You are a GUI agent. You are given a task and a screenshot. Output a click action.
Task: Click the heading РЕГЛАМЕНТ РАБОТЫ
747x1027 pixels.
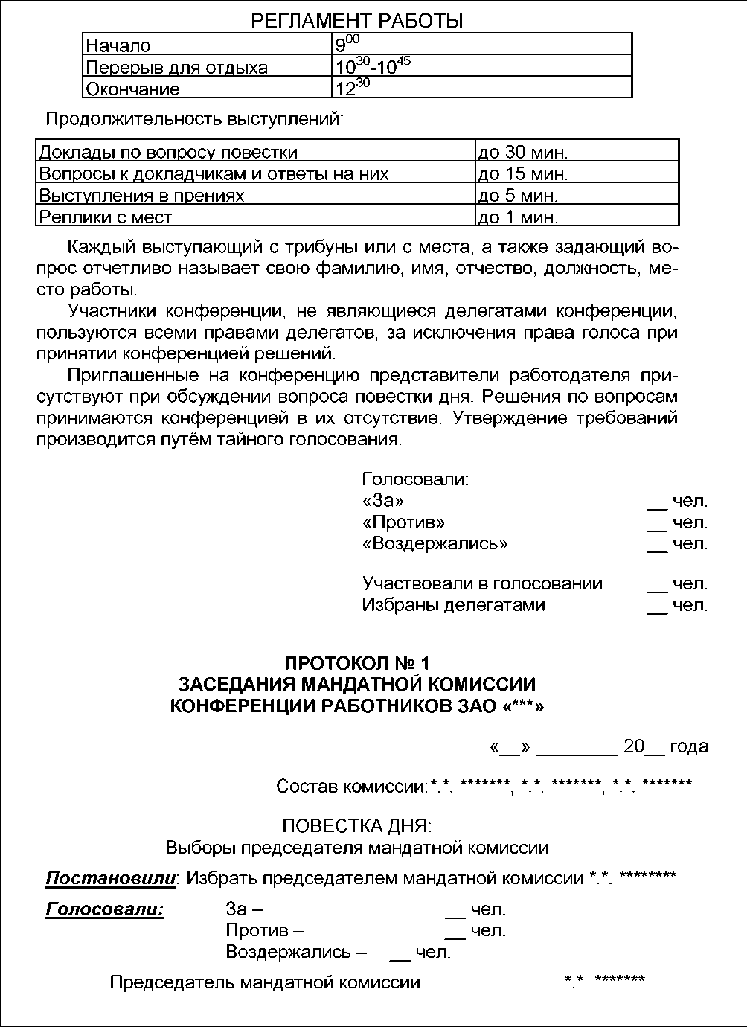point(357,21)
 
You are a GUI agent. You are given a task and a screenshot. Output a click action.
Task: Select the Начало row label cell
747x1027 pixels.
point(208,45)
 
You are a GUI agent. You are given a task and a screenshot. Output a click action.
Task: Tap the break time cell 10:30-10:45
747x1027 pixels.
point(482,67)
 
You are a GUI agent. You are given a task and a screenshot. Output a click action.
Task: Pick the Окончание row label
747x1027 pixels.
point(208,89)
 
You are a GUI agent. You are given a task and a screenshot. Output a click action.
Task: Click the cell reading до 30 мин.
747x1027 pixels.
point(577,152)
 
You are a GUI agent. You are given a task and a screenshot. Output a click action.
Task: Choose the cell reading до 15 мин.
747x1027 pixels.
point(577,173)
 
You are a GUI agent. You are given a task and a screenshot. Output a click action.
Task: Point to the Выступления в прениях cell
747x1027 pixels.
point(255,195)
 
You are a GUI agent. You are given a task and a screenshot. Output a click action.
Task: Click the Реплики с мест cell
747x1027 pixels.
point(255,217)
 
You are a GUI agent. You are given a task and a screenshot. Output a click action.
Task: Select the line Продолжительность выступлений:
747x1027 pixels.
point(195,119)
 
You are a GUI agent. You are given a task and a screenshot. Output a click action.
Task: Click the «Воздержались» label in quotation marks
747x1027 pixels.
point(435,543)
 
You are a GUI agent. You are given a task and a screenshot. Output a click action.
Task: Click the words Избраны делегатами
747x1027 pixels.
point(453,605)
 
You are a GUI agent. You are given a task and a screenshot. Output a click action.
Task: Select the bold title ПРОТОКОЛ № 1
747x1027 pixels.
point(357,663)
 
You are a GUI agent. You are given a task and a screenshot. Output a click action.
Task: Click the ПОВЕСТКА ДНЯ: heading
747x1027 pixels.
point(357,825)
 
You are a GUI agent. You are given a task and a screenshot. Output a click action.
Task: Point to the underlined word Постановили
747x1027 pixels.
point(111,878)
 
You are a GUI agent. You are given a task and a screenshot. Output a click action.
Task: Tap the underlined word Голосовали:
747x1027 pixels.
point(105,909)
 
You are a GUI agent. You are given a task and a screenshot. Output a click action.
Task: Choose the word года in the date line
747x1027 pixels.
point(689,747)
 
